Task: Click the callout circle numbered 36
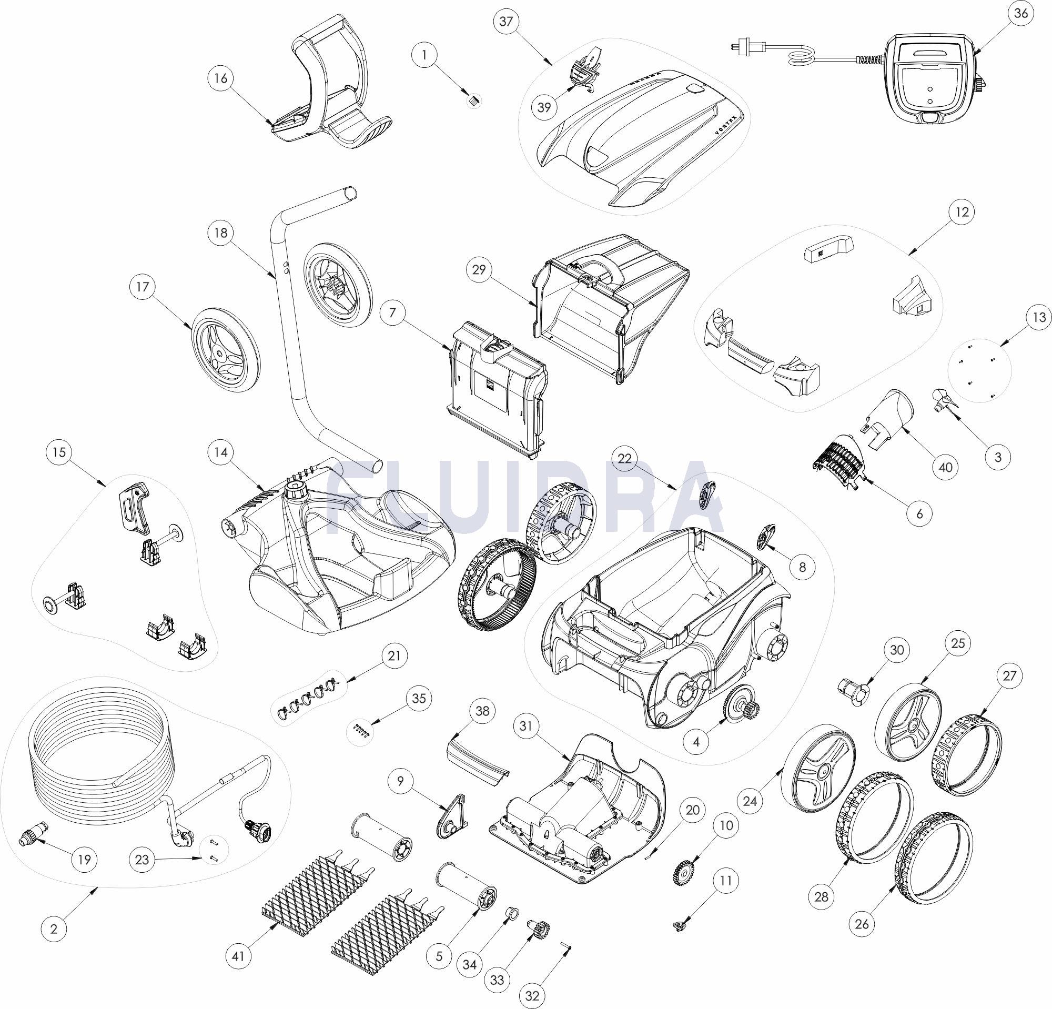1021,13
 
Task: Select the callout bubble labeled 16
220,78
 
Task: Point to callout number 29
479,270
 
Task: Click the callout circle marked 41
239,956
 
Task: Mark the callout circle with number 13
1038,317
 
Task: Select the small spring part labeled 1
473,100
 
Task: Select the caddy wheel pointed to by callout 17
226,350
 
